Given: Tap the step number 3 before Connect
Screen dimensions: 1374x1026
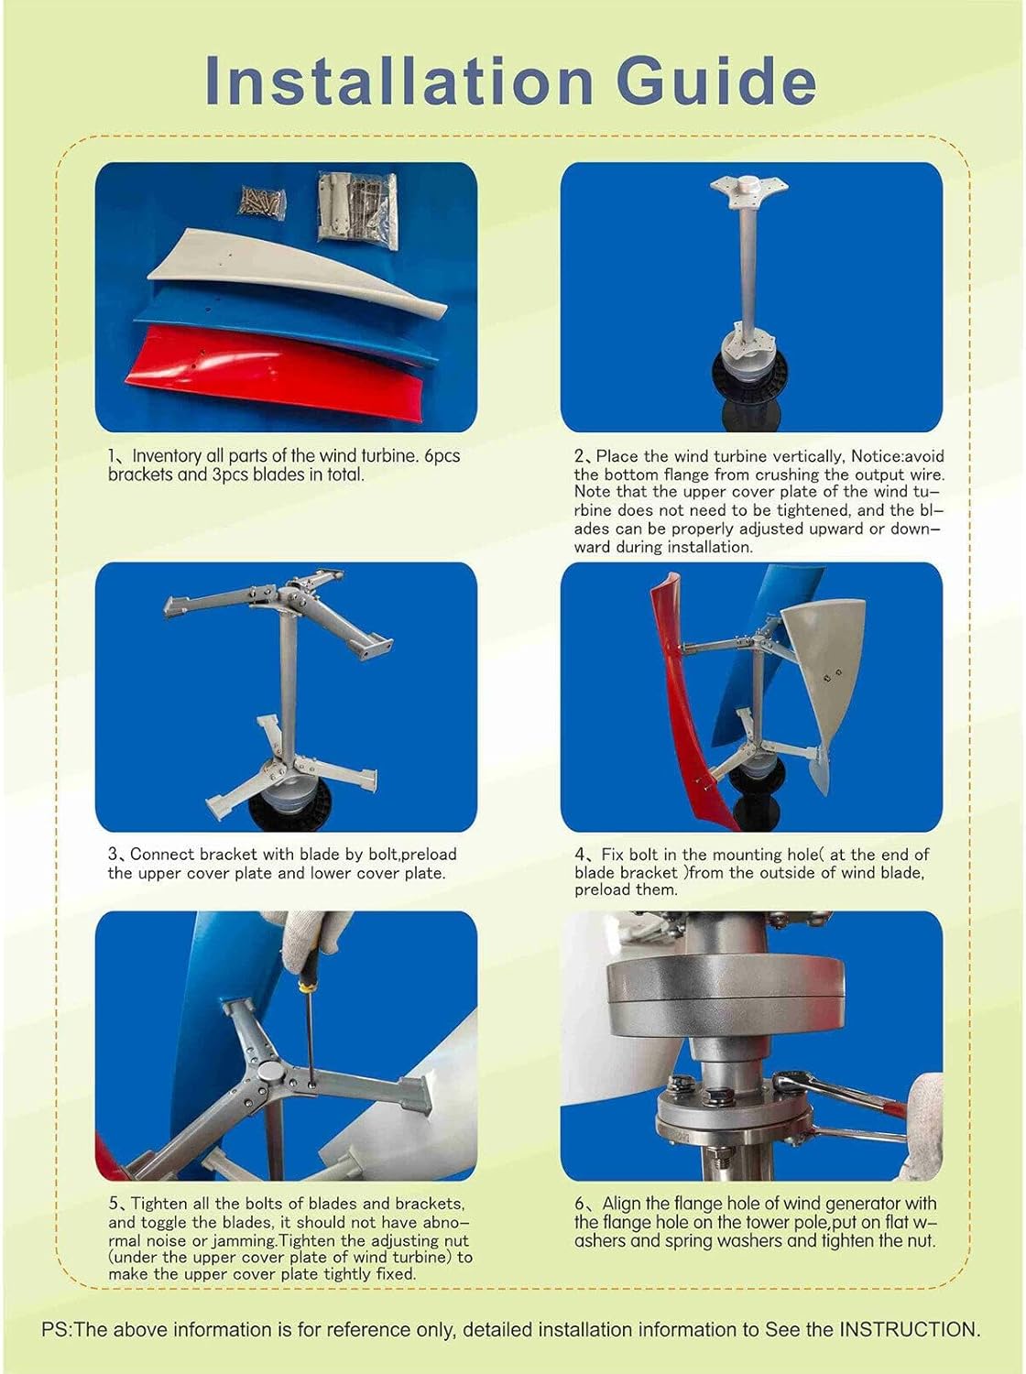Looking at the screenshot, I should [x=113, y=855].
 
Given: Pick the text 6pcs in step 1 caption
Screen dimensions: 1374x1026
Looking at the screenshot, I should [x=441, y=456].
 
